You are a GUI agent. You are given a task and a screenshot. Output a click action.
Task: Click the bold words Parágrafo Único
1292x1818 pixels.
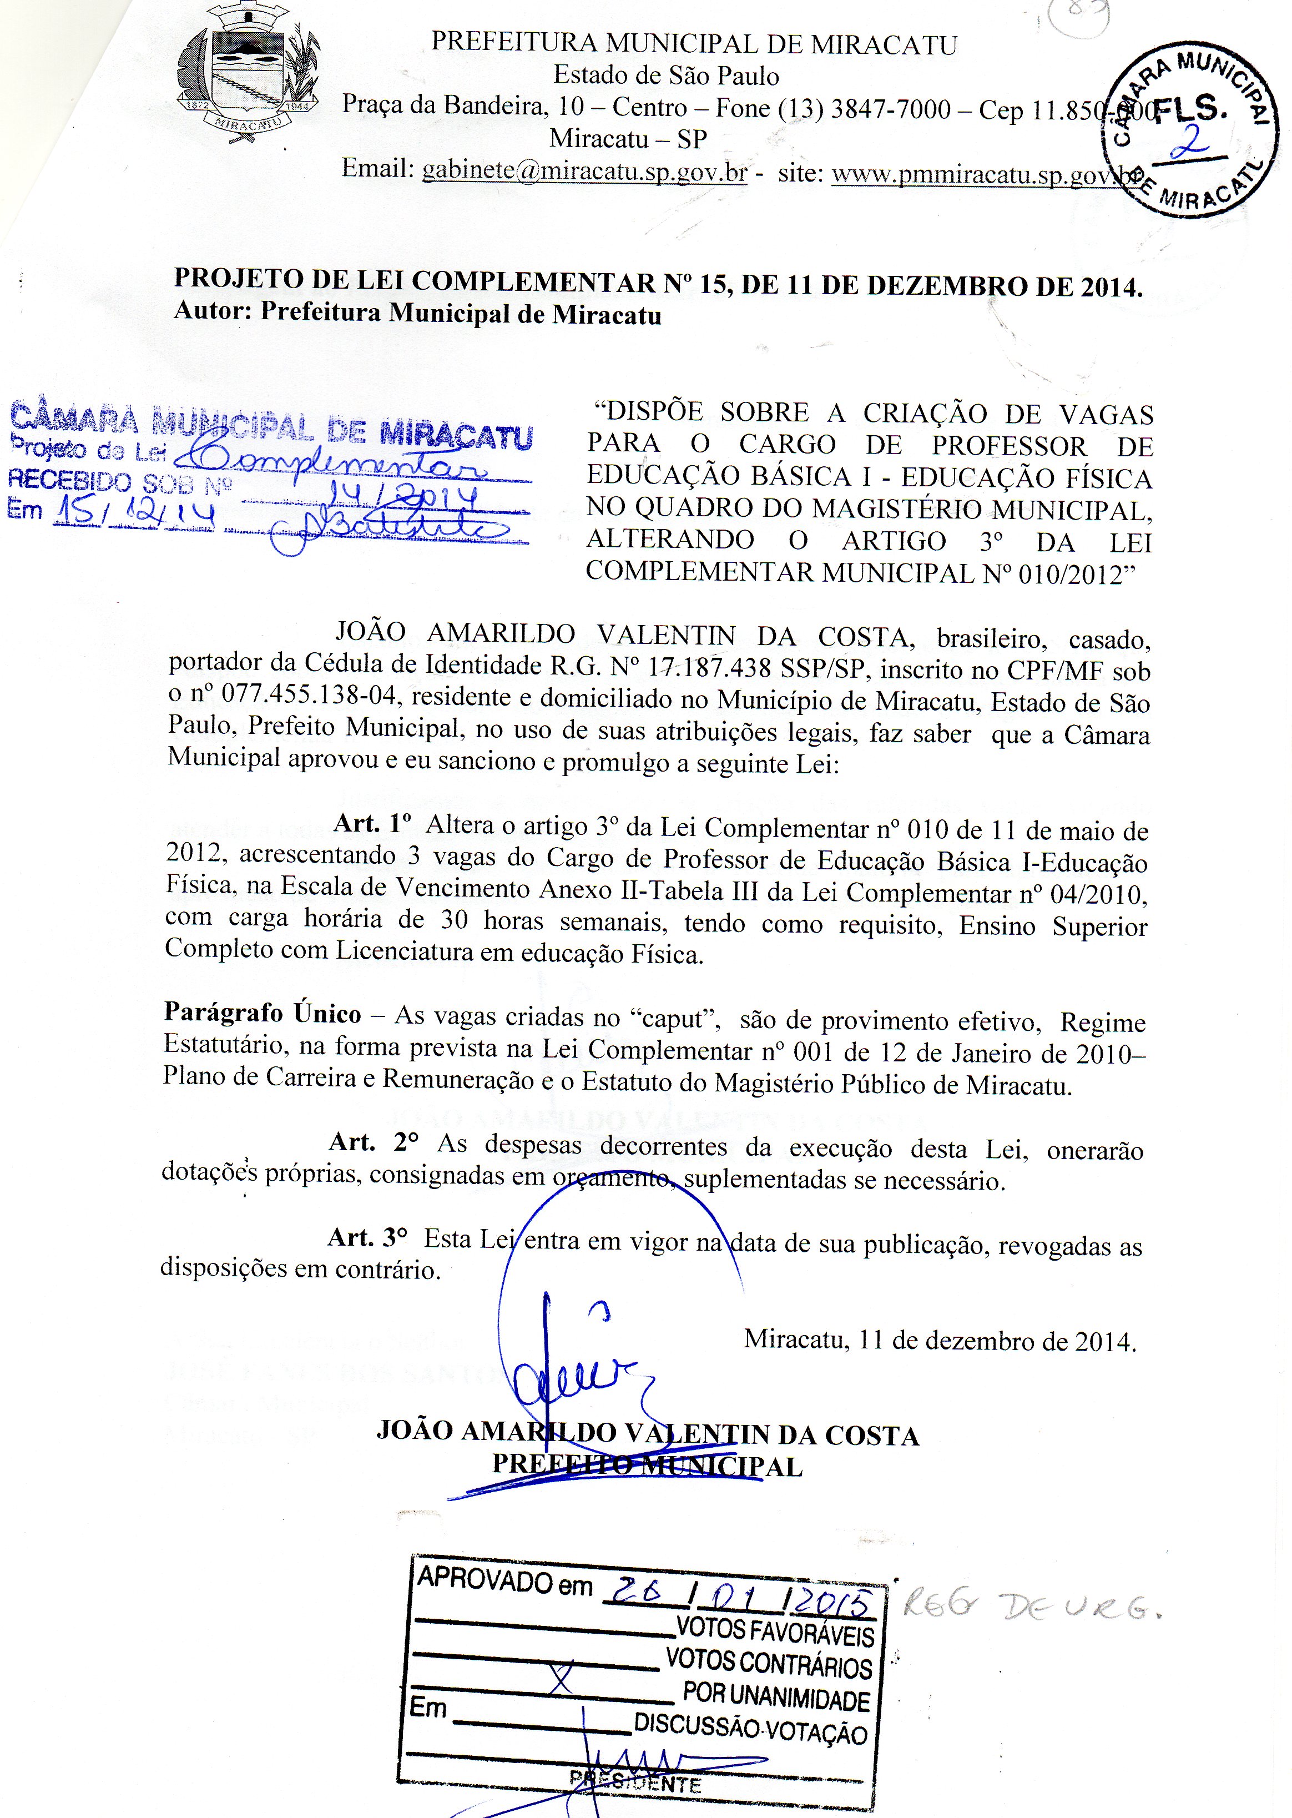263,1013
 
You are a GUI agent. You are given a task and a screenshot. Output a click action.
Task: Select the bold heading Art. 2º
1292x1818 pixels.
374,1142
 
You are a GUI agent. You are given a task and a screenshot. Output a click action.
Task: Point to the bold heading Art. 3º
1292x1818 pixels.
367,1237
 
